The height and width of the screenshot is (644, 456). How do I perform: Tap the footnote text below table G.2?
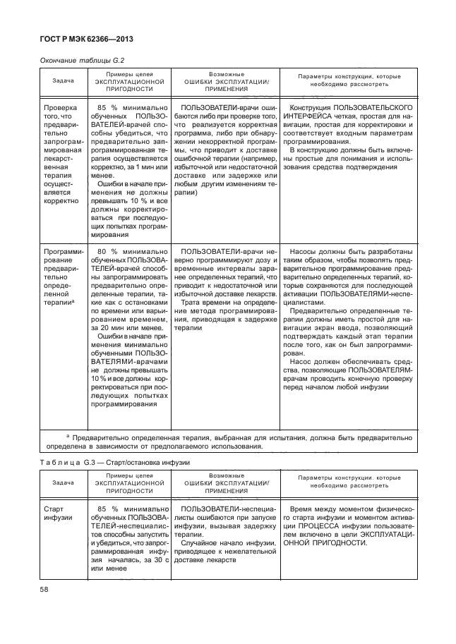click(x=229, y=441)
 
